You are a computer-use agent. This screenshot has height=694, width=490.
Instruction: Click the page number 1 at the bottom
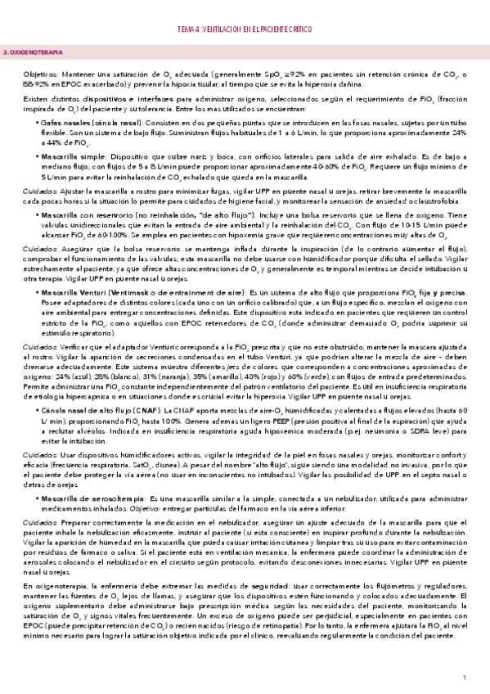click(x=464, y=678)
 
